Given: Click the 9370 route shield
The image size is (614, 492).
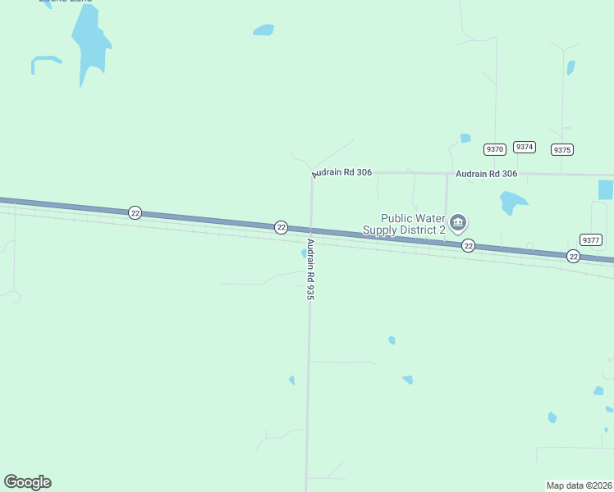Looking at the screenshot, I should tap(494, 149).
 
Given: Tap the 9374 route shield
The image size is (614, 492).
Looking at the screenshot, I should tap(525, 147).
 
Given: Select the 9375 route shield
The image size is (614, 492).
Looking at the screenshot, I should tap(562, 150).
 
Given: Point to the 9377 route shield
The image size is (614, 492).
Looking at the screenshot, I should tap(590, 239).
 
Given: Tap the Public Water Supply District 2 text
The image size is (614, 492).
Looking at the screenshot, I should tap(412, 224).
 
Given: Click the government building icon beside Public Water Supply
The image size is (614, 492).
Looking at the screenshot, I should tap(458, 222).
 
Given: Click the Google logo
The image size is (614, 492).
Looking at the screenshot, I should tap(27, 482).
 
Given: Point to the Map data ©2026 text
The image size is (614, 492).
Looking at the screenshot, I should tap(579, 485).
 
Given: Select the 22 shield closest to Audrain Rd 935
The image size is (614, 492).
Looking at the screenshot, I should tap(281, 227).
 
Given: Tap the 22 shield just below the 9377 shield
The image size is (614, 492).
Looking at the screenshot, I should tap(573, 257).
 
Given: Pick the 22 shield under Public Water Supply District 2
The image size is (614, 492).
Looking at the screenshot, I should tap(468, 246).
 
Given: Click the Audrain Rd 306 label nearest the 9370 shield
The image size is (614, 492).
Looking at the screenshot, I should tap(486, 174).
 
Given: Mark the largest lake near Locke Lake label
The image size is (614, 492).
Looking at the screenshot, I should tap(89, 41).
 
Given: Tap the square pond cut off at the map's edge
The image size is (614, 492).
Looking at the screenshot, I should tap(606, 189).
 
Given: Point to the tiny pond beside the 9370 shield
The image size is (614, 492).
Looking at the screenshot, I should tap(465, 138).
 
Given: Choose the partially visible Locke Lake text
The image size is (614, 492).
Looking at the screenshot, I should tap(65, 2).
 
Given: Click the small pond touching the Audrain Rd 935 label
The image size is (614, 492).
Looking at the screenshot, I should tap(304, 253).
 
